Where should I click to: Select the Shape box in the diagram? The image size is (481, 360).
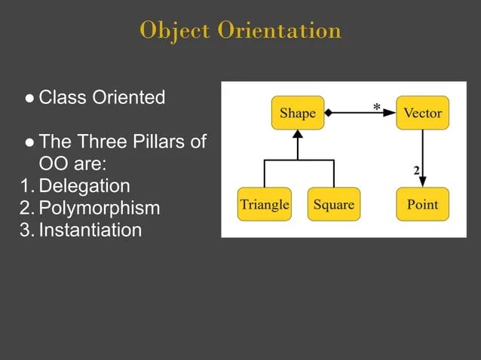(297, 114)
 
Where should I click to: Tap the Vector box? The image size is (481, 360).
(422, 114)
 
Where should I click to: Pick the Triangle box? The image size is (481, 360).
(264, 204)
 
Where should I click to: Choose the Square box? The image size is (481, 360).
(332, 204)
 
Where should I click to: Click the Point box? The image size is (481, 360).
(422, 204)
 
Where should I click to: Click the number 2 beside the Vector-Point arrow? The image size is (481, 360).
(416, 170)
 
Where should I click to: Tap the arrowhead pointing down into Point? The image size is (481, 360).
(423, 182)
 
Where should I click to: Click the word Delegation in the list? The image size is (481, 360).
(84, 185)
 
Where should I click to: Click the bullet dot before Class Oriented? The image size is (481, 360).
(29, 98)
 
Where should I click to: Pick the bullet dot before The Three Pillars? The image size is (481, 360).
(29, 142)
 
